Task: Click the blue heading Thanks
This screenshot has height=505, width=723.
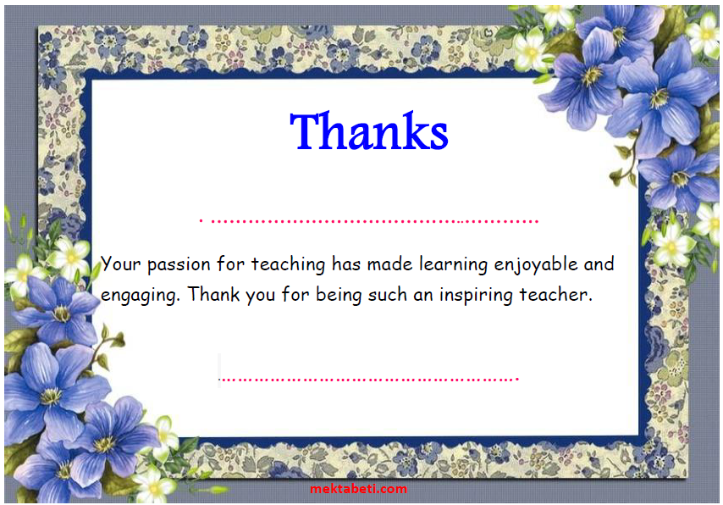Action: pyautogui.click(x=369, y=131)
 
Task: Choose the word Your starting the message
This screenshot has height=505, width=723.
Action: pyautogui.click(x=121, y=264)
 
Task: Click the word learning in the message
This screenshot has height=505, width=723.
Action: pyautogui.click(x=453, y=264)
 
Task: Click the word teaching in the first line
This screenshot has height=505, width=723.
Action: pyautogui.click(x=288, y=264)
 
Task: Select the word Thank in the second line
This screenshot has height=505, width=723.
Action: pyautogui.click(x=213, y=294)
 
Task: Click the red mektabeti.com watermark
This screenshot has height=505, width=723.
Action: pyautogui.click(x=359, y=489)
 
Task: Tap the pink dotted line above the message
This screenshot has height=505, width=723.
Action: pyautogui.click(x=374, y=222)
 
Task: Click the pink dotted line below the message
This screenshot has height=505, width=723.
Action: pyautogui.click(x=369, y=380)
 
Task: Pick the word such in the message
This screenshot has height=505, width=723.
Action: pyautogui.click(x=388, y=295)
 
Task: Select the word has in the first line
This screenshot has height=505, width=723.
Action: pyautogui.click(x=346, y=264)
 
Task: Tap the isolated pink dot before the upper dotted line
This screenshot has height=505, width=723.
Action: pyautogui.click(x=201, y=221)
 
